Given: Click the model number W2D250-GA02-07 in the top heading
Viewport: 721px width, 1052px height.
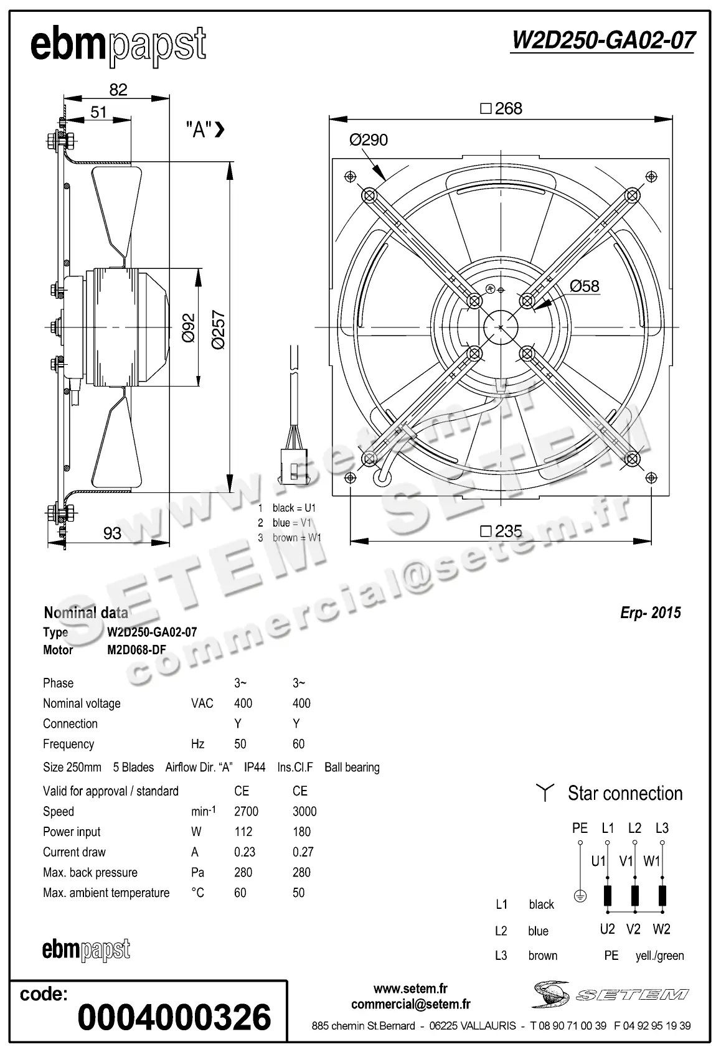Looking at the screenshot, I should (602, 40).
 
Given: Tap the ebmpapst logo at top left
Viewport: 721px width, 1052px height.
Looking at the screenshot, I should (118, 45).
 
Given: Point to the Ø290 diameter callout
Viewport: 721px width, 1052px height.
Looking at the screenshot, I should (369, 140).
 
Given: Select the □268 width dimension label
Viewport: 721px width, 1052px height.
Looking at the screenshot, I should (501, 109).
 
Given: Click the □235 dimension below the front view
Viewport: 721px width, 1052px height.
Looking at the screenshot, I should (501, 531).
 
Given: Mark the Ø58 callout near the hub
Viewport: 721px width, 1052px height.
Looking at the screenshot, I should (584, 286).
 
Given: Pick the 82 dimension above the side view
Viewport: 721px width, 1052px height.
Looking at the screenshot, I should (118, 90).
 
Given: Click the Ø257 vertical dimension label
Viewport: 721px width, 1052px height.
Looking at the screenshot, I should (218, 329).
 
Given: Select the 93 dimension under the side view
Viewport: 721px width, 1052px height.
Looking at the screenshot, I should (112, 533).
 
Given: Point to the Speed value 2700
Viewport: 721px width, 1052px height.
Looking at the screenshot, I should (246, 812).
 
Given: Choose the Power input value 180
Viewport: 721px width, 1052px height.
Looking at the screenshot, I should (301, 832).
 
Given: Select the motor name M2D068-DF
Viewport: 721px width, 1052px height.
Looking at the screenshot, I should (136, 650).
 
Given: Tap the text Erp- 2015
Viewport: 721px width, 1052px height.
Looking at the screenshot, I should (650, 613).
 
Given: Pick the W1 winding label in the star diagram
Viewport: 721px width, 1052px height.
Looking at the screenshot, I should (652, 862).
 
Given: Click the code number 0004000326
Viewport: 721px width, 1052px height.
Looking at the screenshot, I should (174, 1017).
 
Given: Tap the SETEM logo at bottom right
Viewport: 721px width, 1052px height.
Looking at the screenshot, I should (610, 994).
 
